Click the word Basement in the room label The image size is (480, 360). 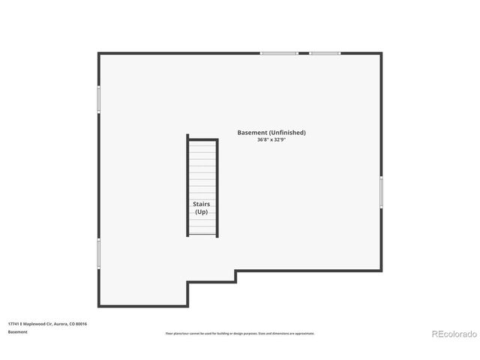[250, 133]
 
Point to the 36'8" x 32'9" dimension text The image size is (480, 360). [271, 140]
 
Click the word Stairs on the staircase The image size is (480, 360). [202, 204]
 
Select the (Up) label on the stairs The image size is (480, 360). [202, 211]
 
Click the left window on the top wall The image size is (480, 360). [279, 53]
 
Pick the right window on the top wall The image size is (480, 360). [325, 53]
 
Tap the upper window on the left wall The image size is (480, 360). [98, 99]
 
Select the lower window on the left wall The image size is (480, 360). [98, 253]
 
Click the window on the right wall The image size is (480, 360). [381, 192]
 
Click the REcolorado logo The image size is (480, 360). [453, 333]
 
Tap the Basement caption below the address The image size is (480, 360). [18, 331]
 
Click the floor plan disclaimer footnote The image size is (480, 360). [240, 334]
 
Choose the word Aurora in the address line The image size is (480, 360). [61, 324]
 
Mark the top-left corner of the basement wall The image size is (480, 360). [99, 53]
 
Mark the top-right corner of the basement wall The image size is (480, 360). [381, 53]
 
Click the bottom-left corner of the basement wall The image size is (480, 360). [99, 305]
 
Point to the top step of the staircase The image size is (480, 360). [202, 142]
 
